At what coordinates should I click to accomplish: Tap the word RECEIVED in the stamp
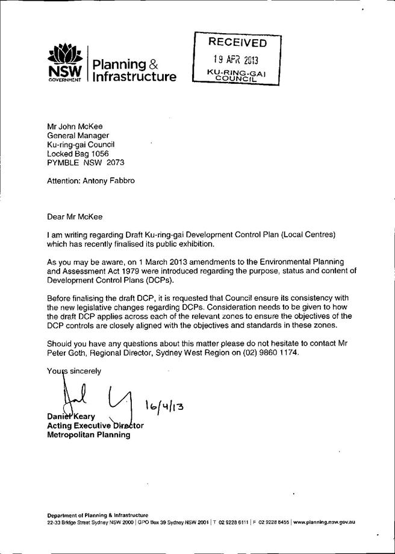pos(237,43)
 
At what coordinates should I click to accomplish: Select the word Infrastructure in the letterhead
pos(134,77)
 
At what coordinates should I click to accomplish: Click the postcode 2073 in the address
pos(113,163)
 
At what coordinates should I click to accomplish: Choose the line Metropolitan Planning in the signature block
pos(89,435)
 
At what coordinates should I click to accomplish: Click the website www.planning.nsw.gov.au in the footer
pos(323,522)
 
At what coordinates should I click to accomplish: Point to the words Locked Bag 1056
pos(78,154)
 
